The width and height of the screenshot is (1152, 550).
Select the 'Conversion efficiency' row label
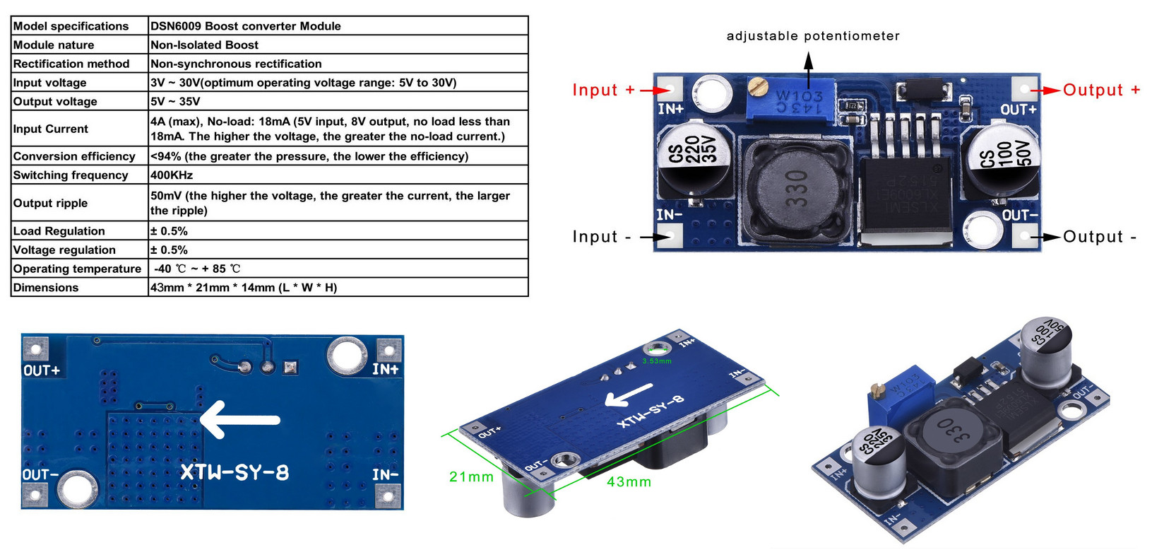(74, 156)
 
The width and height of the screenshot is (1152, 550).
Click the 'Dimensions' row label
(46, 288)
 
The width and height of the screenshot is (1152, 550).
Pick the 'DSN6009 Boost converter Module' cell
(246, 26)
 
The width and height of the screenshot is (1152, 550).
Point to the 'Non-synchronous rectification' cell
(236, 64)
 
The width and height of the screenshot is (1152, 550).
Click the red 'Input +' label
(604, 90)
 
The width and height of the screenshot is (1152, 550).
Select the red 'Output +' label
(1101, 90)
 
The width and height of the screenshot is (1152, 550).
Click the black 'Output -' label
(1100, 237)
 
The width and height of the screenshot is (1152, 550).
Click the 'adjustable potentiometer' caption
(813, 36)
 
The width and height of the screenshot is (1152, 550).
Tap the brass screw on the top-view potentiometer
(756, 88)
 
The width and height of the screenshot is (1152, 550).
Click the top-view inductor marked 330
(797, 187)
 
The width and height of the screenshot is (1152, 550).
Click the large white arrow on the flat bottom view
(240, 420)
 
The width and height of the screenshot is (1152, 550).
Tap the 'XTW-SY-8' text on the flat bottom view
(234, 472)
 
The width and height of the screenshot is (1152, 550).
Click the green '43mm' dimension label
(629, 482)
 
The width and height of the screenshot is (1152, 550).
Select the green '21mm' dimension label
(471, 477)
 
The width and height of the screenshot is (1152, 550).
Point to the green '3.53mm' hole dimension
(657, 361)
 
